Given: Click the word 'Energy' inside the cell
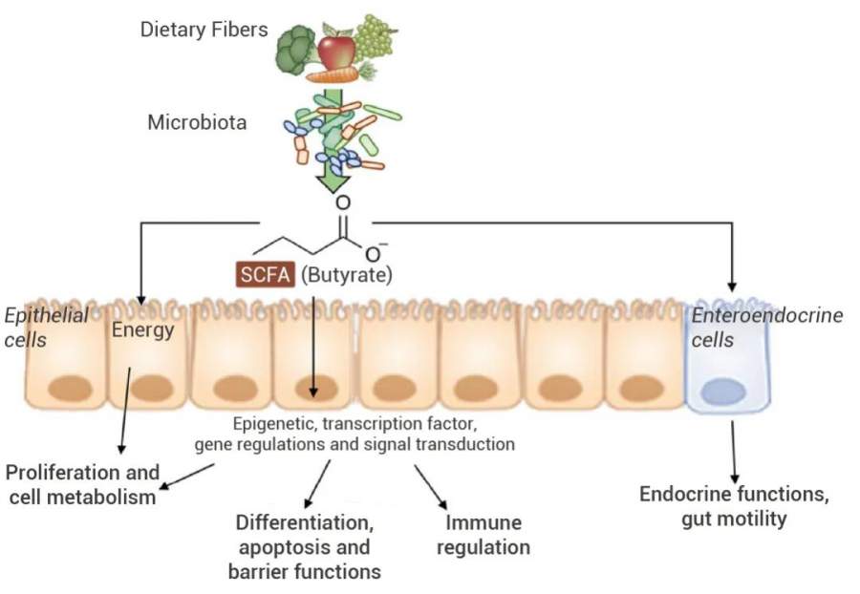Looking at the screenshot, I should [142, 331].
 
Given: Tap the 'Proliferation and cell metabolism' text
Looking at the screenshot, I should [81, 484].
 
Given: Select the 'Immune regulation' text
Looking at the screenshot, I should [486, 535].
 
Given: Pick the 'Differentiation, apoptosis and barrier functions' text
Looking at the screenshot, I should [305, 547].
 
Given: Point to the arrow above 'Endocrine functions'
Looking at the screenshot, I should [733, 449].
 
